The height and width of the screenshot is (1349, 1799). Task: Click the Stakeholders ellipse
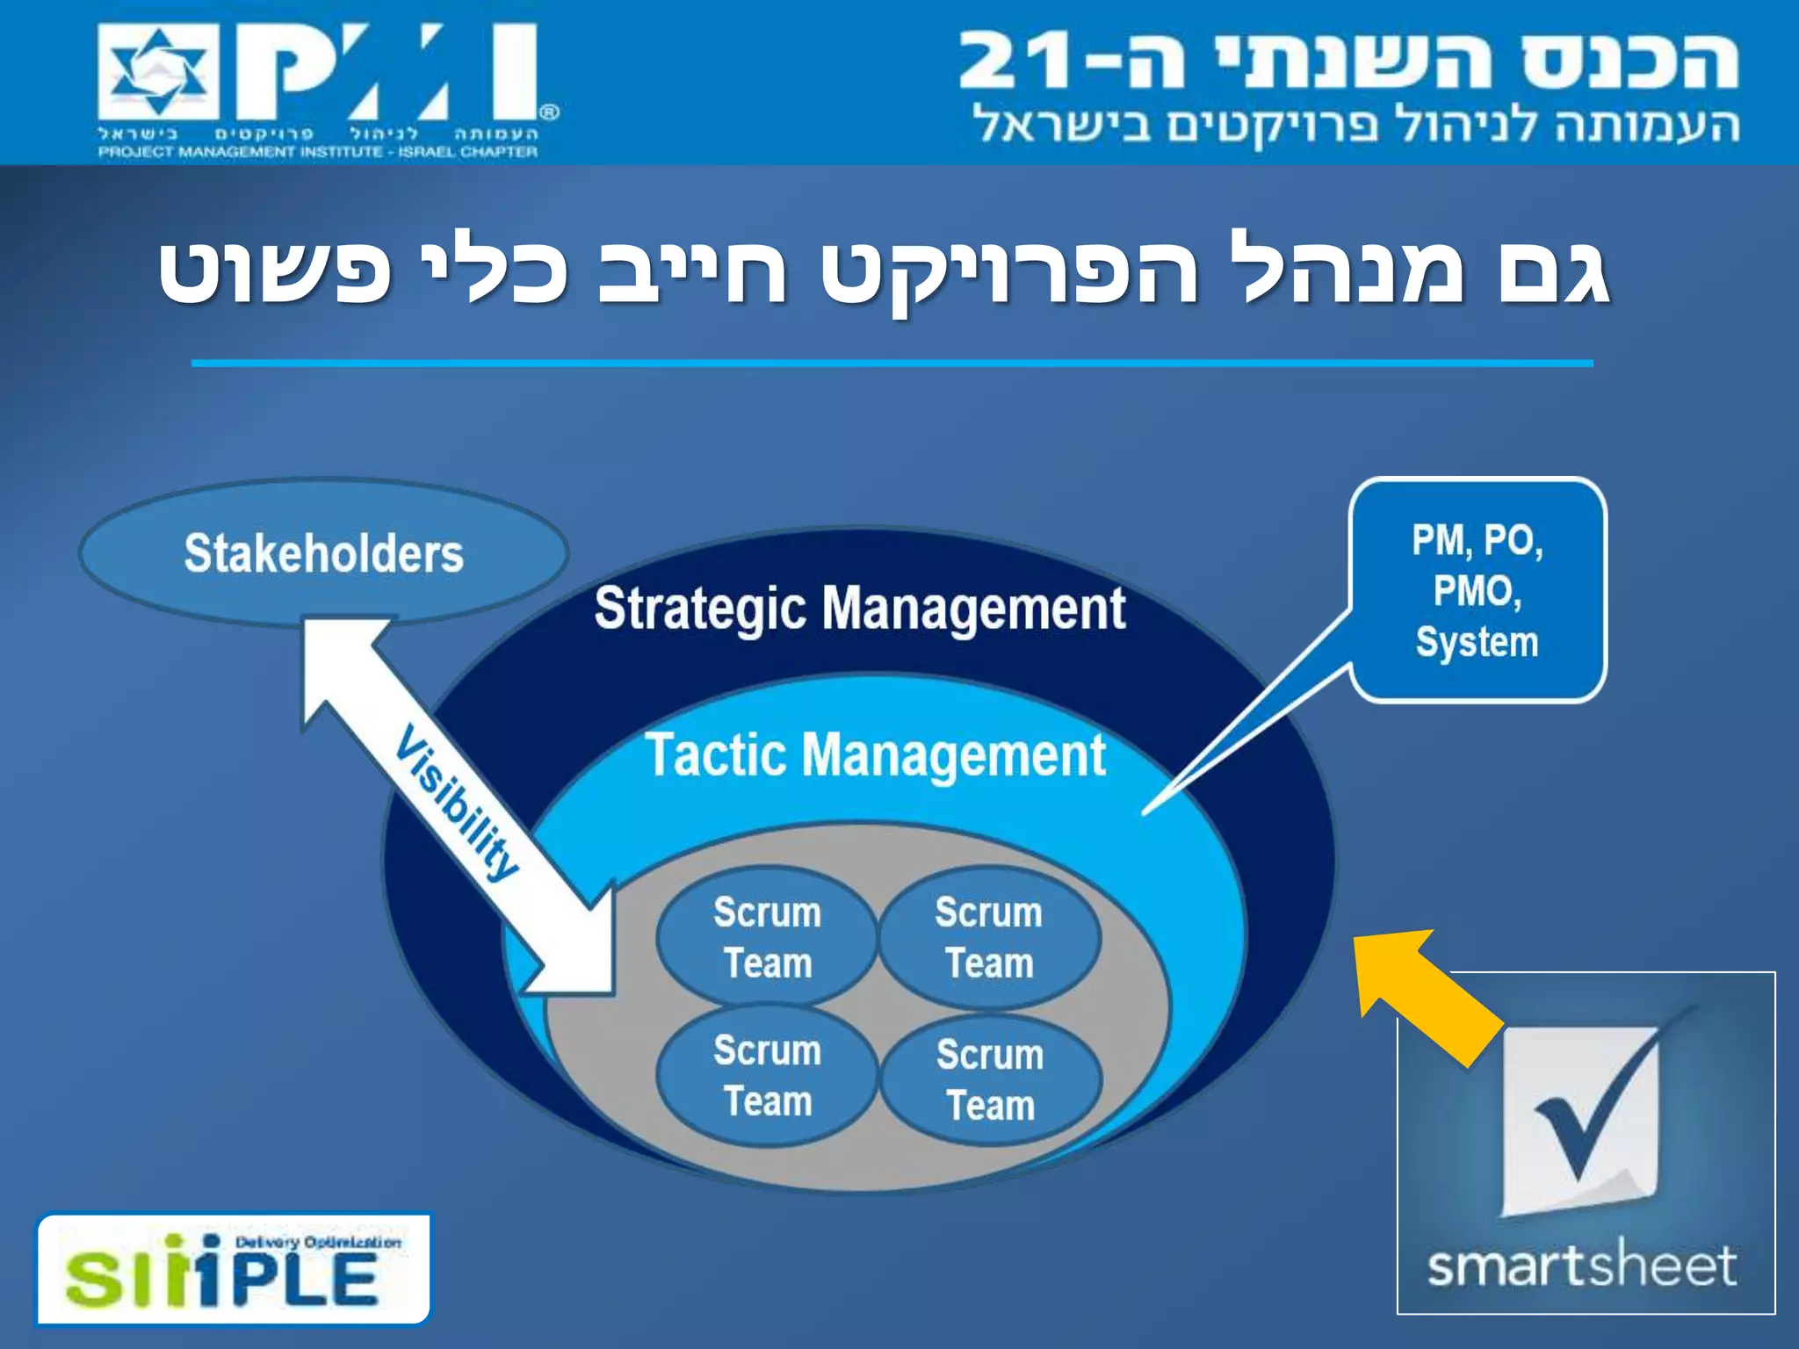[x=323, y=552]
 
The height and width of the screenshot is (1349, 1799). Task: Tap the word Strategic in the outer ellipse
[x=699, y=609]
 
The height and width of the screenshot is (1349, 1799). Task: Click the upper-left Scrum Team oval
[x=767, y=937]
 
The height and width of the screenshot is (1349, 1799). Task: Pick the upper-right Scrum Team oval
[x=989, y=937]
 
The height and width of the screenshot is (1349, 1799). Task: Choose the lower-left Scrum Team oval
[x=767, y=1075]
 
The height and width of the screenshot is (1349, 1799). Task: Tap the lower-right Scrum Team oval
[x=990, y=1079]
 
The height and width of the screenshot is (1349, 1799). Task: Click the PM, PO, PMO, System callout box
[x=1477, y=590]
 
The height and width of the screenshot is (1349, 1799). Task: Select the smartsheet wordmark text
[x=1581, y=1266]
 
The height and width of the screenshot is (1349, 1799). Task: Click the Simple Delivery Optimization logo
[x=234, y=1269]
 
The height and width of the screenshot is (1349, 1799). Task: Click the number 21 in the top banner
[x=1019, y=61]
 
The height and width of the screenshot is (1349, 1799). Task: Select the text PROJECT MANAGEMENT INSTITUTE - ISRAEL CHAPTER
[x=318, y=153]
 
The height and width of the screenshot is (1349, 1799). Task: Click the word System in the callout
[x=1477, y=642]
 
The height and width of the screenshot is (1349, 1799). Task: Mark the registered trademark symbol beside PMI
[x=549, y=112]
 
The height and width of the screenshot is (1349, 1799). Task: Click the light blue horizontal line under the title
[x=892, y=363]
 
